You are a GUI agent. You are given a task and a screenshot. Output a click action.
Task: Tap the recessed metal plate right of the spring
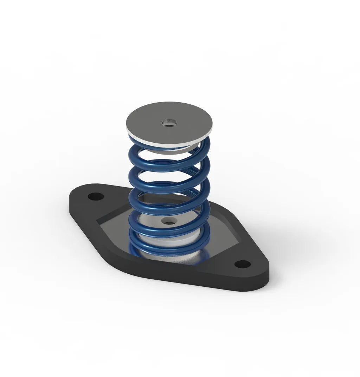[225, 242]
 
